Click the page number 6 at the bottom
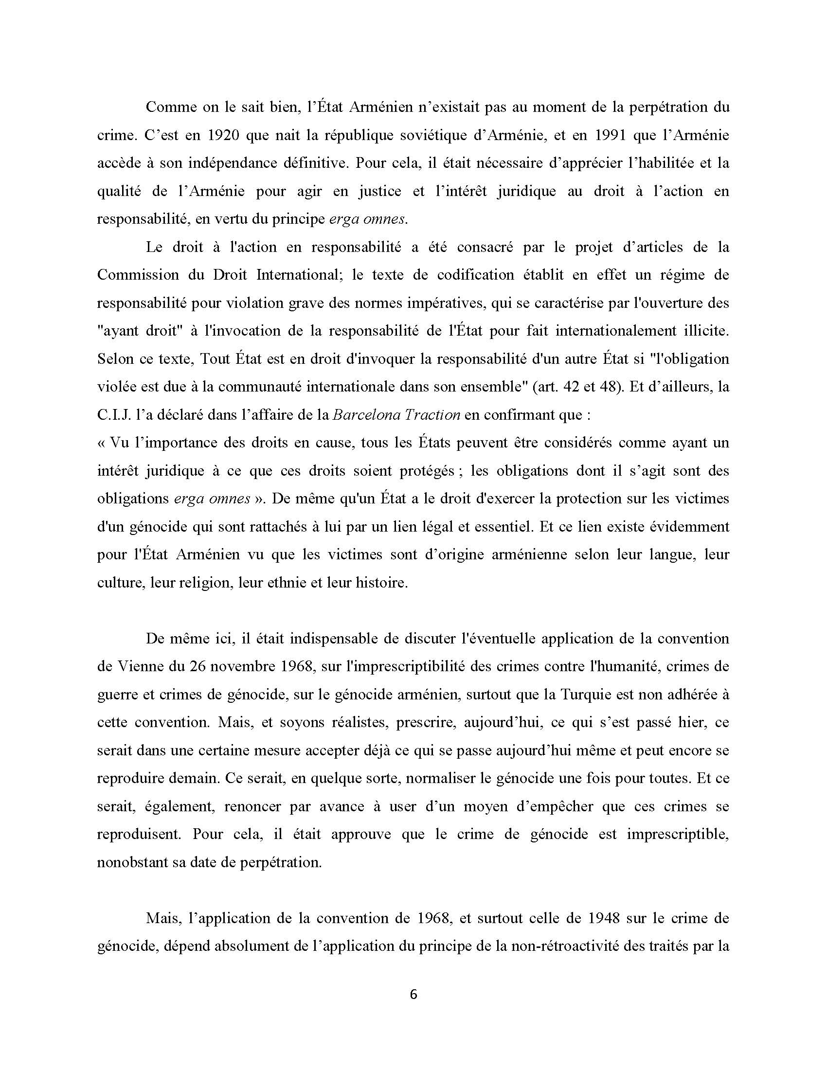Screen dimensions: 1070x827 point(413,995)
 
